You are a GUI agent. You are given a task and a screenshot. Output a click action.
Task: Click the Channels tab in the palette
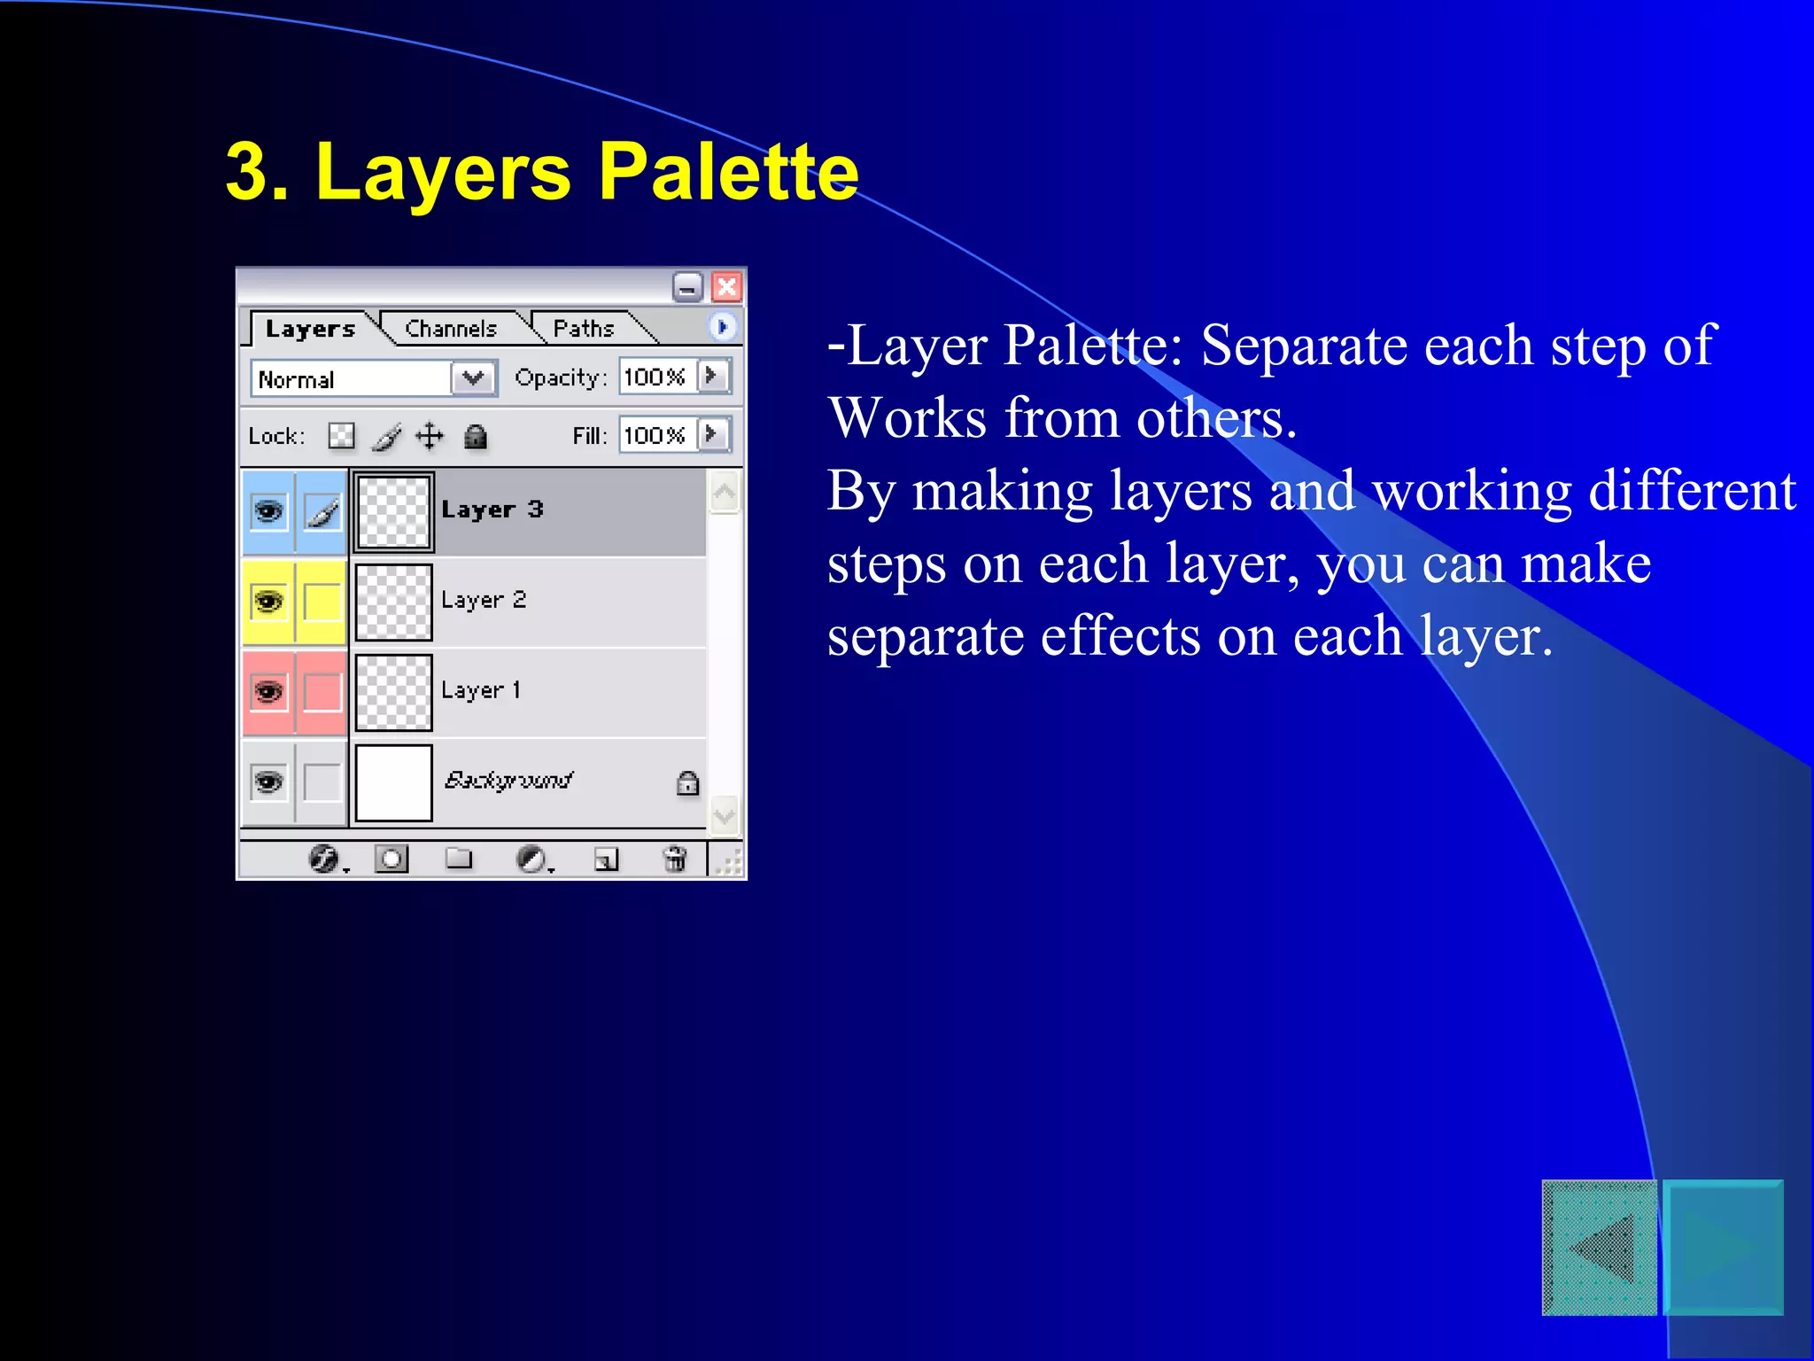450,329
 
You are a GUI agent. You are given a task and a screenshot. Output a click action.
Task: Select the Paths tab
583,329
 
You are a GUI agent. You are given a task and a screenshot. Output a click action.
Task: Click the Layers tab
310,329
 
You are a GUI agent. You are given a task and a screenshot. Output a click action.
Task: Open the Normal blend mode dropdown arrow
474,378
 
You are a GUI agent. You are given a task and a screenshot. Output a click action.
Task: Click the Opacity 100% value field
655,377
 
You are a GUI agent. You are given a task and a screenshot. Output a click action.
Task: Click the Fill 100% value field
655,435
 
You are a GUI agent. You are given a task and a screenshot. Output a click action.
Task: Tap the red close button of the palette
726,287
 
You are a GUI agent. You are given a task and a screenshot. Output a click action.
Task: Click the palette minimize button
687,287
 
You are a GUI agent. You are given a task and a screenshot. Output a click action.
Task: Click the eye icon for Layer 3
268,512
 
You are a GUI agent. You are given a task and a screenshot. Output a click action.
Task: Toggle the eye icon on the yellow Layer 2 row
268,602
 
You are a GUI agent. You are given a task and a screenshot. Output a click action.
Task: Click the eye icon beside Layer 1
268,691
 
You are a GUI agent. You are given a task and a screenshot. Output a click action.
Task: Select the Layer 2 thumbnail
393,602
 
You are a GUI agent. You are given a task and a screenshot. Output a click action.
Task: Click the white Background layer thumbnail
393,782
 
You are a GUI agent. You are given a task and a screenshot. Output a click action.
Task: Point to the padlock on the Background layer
687,783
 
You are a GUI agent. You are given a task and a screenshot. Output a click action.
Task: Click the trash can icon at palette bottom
675,859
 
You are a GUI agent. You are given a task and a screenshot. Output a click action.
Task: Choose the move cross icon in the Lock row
430,436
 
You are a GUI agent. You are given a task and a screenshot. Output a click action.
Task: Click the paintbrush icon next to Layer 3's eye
322,512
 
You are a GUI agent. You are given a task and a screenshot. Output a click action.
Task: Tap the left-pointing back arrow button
1599,1248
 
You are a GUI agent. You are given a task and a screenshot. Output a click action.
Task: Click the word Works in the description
906,417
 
